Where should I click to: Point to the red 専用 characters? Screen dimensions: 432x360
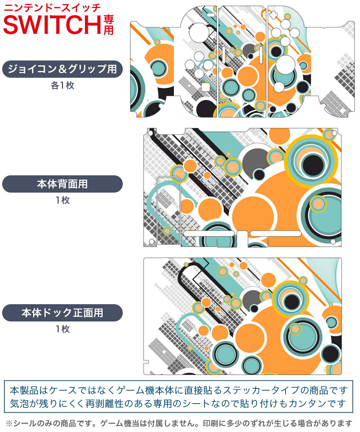tap(108, 25)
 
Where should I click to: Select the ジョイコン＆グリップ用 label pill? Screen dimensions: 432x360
tap(62, 69)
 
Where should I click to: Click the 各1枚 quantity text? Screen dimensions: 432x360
tap(62, 86)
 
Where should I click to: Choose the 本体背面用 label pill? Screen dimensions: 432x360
tap(62, 184)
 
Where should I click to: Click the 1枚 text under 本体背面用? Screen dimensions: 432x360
tap(62, 200)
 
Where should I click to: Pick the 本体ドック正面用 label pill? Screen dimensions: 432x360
tap(62, 313)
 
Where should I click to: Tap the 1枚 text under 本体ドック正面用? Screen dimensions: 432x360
tap(62, 329)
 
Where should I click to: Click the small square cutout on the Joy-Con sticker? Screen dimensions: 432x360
tap(205, 87)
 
